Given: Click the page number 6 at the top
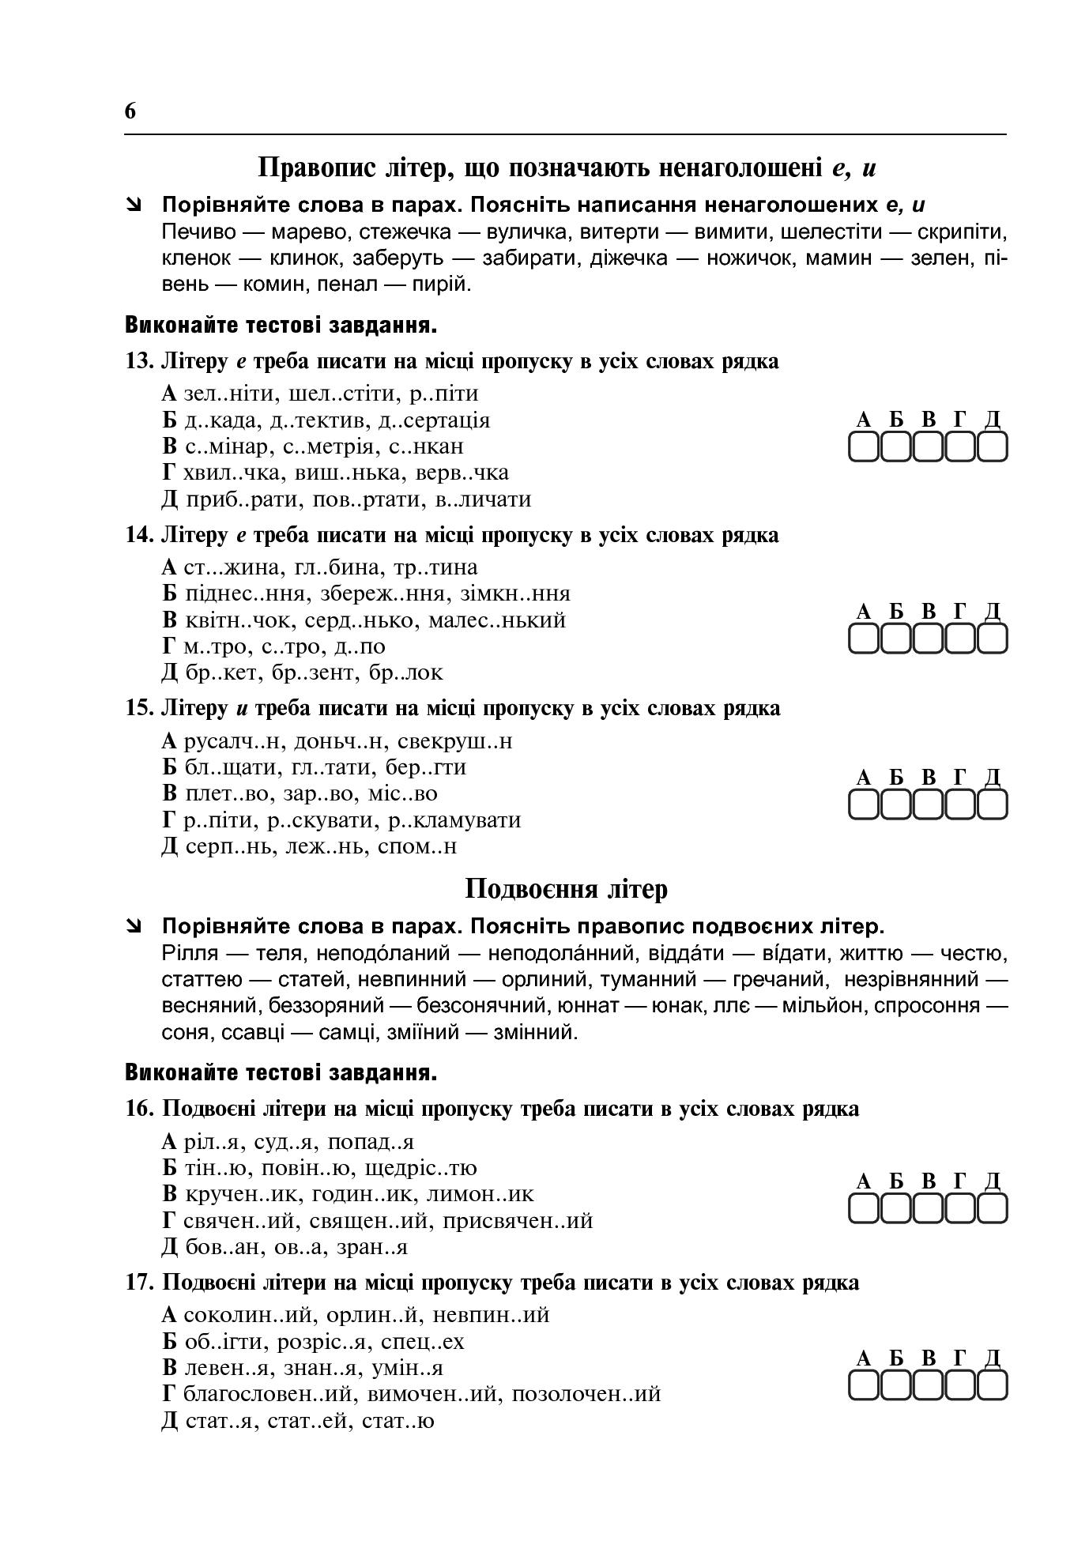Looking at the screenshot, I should tap(130, 111).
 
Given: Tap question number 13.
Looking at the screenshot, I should tap(138, 361).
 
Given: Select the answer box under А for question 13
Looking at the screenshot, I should tap(864, 448).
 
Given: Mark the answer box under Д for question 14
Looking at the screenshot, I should tap(993, 639).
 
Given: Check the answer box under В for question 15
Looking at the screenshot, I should tap(928, 805).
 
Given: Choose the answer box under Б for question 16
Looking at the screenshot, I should tap(895, 1209).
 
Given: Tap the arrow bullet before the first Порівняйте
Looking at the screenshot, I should tap(134, 205).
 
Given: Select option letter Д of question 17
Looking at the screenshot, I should tap(169, 1420).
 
